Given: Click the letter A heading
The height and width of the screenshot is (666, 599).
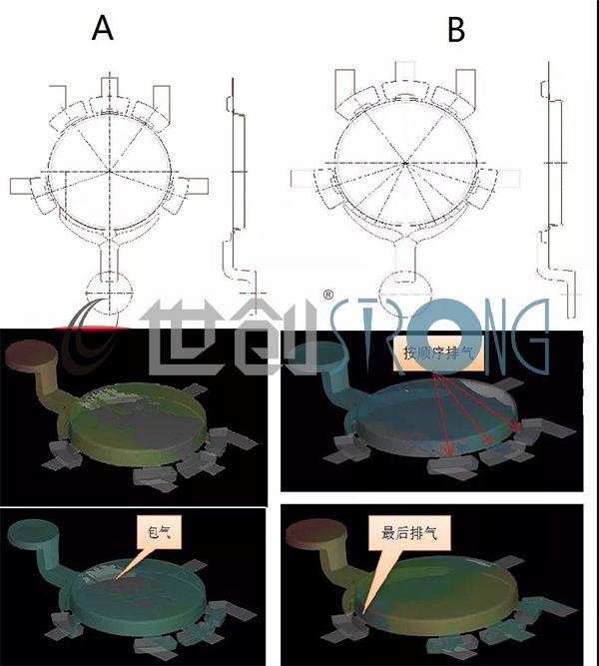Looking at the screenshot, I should tap(104, 29).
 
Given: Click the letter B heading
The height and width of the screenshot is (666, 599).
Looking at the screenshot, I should tap(456, 30).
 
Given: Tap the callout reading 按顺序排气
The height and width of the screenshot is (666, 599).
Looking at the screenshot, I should tap(440, 352).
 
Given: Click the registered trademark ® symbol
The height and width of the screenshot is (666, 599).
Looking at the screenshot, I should tap(328, 295).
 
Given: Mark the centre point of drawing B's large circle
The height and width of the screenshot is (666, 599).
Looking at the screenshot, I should tap(404, 162).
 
